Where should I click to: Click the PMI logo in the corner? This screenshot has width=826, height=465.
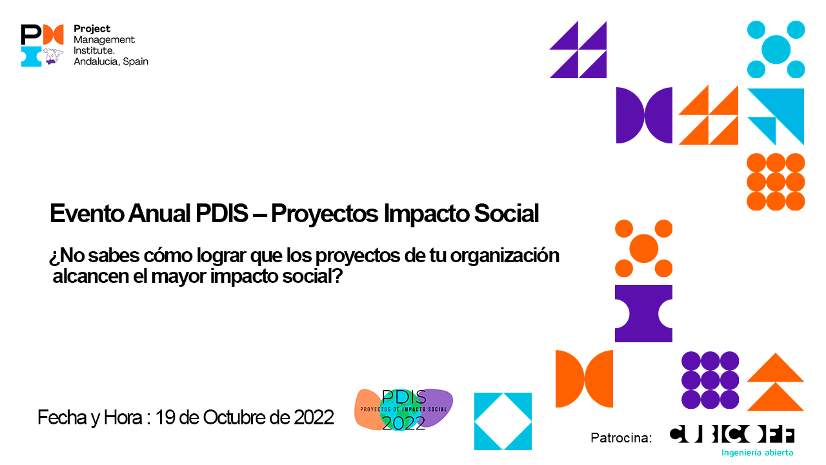coord(43,45)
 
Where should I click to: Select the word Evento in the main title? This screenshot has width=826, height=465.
coord(86,213)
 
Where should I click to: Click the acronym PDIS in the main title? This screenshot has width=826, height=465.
coord(221,213)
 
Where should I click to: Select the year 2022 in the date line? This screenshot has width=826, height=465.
coord(314,417)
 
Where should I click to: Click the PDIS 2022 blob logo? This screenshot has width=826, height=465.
coord(404,409)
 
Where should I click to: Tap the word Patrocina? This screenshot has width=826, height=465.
coord(621,438)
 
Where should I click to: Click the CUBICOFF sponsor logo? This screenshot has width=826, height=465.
coord(732,435)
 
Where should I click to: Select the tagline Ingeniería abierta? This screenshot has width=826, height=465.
coord(757,453)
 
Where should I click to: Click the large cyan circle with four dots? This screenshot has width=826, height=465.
coord(776,50)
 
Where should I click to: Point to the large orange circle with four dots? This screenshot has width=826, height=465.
coord(643,248)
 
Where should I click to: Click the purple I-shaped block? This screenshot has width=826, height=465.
coord(643,313)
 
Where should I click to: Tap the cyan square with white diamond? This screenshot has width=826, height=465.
coord(503,422)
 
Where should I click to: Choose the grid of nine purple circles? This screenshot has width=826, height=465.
coord(710,380)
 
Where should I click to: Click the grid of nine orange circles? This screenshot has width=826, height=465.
coord(776,181)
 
